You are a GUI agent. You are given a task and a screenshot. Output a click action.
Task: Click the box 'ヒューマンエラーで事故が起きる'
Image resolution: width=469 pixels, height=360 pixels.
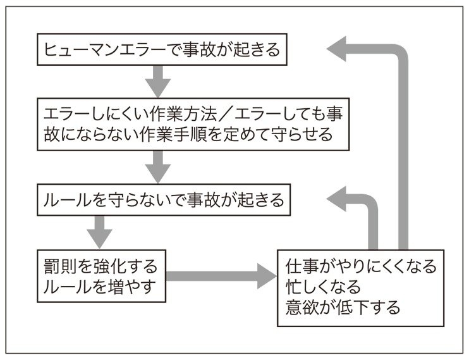pos(162,51)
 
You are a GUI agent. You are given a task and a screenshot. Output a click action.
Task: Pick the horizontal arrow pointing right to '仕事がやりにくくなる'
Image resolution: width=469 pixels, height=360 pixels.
pos(221,276)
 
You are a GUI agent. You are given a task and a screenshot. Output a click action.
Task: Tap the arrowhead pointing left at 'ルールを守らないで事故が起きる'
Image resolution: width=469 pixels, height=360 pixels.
pos(340,201)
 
